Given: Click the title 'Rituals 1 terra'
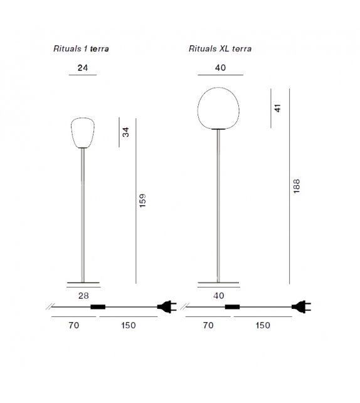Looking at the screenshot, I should [x=82, y=48].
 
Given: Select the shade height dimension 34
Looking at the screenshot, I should [x=125, y=132].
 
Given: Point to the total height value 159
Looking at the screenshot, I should [x=142, y=201].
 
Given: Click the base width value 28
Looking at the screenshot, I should [x=83, y=295].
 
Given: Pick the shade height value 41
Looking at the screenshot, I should [x=278, y=108].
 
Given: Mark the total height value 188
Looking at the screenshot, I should [x=296, y=187].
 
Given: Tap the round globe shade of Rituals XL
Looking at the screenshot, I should [x=219, y=109].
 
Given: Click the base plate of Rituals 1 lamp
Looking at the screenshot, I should [x=83, y=281].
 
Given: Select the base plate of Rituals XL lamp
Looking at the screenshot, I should [x=219, y=281].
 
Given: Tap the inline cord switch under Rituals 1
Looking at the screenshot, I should [x=98, y=307].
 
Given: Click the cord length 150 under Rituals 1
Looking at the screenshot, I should [x=128, y=325].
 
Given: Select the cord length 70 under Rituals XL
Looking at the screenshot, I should [x=208, y=325].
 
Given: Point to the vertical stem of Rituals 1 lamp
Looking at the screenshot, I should [x=83, y=213].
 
